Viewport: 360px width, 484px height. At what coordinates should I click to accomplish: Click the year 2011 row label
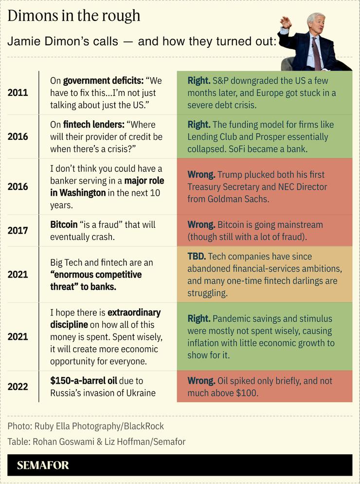tap(18, 93)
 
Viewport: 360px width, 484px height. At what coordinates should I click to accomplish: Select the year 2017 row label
tap(18, 230)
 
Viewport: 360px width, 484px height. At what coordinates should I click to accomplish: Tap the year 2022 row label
tap(18, 387)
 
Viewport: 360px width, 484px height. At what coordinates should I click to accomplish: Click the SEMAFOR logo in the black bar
tap(43, 465)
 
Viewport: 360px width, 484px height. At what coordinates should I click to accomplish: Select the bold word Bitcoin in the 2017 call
tap(64, 224)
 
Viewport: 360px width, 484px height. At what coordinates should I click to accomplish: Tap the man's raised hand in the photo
tap(286, 22)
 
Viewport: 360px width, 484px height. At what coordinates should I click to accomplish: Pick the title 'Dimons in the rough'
tap(74, 16)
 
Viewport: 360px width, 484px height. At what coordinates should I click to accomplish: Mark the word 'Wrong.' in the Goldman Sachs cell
tap(201, 174)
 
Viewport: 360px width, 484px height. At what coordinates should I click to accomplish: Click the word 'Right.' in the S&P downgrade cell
tap(199, 81)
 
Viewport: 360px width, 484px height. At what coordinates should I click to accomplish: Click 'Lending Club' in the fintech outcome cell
tap(212, 137)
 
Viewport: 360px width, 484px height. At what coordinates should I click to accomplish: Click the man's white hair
tap(317, 19)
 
